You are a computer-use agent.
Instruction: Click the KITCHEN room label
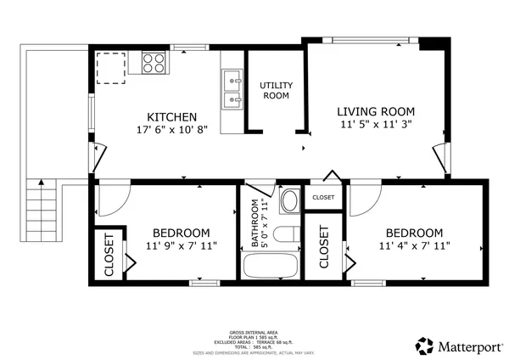pos(172,117)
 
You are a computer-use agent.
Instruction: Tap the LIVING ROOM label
pos(376,111)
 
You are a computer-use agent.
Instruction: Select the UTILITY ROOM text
pos(275,91)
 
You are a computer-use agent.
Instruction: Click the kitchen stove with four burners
pos(154,63)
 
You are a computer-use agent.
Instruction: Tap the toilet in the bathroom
pos(286,236)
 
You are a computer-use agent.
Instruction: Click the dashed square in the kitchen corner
pos(110,65)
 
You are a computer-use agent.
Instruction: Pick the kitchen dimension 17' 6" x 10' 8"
pos(172,132)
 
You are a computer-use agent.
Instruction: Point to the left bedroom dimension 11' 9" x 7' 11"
pos(181,247)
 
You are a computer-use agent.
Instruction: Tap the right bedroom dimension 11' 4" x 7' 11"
pos(414,247)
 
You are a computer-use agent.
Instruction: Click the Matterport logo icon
pos(424,345)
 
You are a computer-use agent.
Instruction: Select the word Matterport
pos(466,346)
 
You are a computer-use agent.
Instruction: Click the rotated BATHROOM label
pos(253,224)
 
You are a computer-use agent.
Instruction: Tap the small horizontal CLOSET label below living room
pos(323,198)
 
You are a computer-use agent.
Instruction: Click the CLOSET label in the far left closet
pos(109,256)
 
